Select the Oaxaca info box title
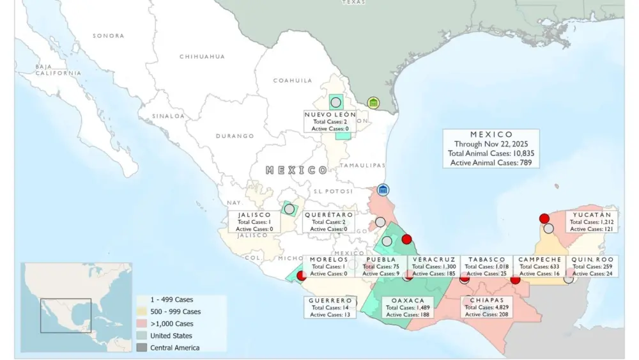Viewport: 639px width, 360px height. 408,300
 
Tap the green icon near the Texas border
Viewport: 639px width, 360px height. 374,103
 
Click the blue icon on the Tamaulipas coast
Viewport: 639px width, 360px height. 383,190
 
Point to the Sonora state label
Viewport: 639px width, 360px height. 108,36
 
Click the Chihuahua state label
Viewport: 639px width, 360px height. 202,56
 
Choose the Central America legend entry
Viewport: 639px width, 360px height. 174,348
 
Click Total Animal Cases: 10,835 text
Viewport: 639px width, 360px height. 491,153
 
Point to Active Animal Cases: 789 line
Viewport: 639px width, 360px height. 491,163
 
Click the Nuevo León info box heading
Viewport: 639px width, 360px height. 330,114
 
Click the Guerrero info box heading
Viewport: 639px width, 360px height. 330,300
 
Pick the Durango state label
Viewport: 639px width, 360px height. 235,136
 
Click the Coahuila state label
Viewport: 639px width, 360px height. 293,81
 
